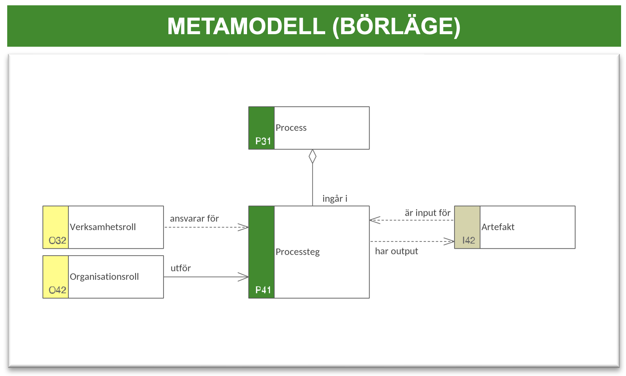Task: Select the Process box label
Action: [x=291, y=128]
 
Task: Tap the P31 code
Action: [x=263, y=141]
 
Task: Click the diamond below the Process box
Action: [x=313, y=156]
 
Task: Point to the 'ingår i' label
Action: [x=335, y=199]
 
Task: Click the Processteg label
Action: [x=297, y=252]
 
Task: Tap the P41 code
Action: [x=263, y=290]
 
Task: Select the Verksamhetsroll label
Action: [x=102, y=227]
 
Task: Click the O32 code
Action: [x=57, y=240]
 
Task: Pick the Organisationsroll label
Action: [x=104, y=277]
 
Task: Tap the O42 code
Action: [x=57, y=290]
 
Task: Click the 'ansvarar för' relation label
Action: [x=194, y=218]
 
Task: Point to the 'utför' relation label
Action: [x=181, y=268]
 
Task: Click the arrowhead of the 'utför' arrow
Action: [x=244, y=277]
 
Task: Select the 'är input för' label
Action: [x=428, y=213]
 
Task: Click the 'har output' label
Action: [x=396, y=251]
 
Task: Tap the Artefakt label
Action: [x=498, y=227]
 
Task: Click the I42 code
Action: [x=469, y=240]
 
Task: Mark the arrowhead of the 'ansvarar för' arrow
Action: [x=244, y=227]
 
